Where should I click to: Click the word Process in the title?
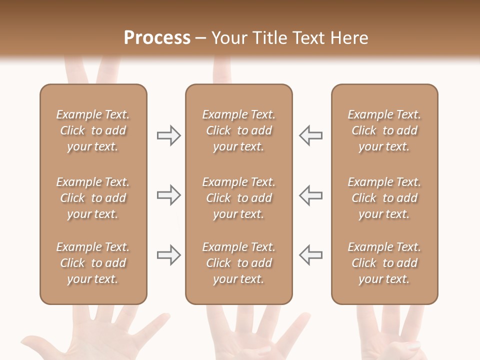(x=157, y=38)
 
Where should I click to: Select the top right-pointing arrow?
(x=168, y=135)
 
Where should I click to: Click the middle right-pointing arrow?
(x=168, y=195)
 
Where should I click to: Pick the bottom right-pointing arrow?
(x=168, y=255)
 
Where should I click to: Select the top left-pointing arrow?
(x=311, y=135)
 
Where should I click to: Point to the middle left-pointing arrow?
(x=311, y=195)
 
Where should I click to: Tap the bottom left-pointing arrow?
(x=311, y=255)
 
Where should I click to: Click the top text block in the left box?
(x=93, y=130)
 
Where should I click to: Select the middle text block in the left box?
(x=93, y=198)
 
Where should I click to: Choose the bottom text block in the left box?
(x=93, y=263)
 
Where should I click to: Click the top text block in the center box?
(x=238, y=130)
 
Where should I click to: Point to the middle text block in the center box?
(x=238, y=198)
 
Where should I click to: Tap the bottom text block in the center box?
(x=238, y=263)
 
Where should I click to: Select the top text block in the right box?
(x=384, y=130)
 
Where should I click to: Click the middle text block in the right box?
(x=384, y=198)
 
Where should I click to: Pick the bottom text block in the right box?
(x=384, y=263)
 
